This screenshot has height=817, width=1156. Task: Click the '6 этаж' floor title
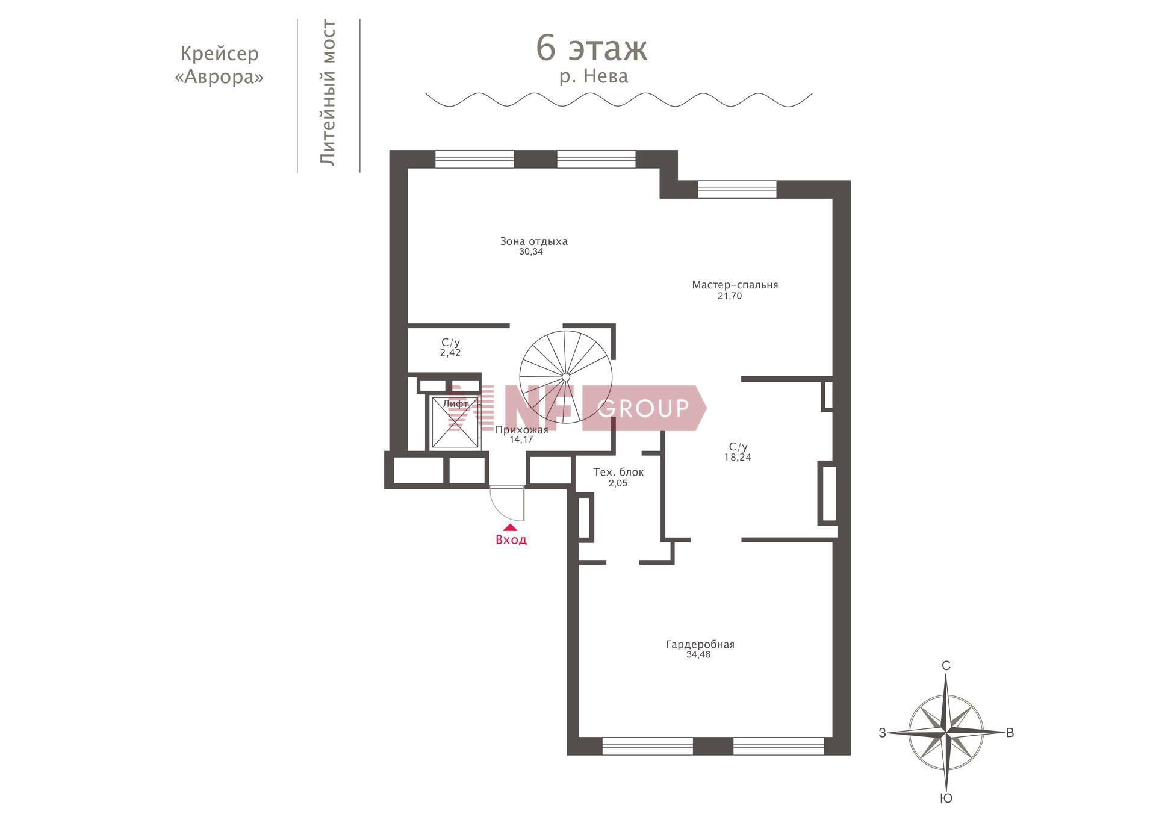(x=591, y=49)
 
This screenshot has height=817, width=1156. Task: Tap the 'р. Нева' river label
(x=594, y=76)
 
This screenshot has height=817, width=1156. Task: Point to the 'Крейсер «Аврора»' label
(x=219, y=65)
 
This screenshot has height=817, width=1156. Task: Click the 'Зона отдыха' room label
(x=533, y=241)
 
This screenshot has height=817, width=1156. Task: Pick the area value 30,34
(x=531, y=252)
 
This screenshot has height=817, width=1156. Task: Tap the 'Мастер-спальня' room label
(x=735, y=285)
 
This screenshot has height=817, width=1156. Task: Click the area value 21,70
(x=730, y=296)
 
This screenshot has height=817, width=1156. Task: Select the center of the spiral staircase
(x=565, y=377)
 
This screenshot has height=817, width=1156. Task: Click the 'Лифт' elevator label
(x=455, y=403)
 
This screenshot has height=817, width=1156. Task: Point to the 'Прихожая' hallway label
(x=522, y=430)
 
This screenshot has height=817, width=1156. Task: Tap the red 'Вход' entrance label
(x=511, y=540)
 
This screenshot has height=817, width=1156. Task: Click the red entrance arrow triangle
(x=511, y=527)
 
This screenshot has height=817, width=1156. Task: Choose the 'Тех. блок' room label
(x=618, y=473)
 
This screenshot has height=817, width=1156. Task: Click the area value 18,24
(x=738, y=458)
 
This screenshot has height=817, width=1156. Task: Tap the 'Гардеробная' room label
(x=700, y=645)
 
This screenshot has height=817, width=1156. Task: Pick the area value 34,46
(x=698, y=655)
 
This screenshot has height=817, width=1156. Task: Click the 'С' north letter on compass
(x=946, y=666)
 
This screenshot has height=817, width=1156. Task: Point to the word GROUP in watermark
(x=643, y=408)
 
